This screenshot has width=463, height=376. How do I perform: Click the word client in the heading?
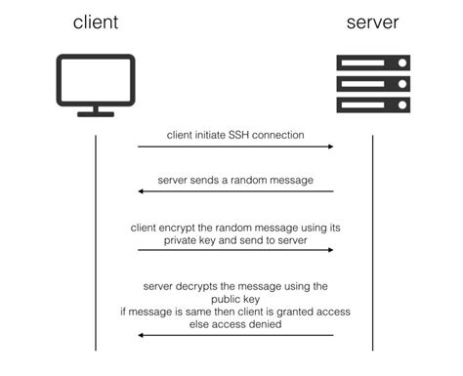pyautogui.click(x=95, y=22)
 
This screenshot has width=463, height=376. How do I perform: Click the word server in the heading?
pyautogui.click(x=373, y=22)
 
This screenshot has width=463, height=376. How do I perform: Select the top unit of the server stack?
pyautogui.click(x=373, y=63)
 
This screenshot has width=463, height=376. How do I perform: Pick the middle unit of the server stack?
pyautogui.click(x=373, y=83)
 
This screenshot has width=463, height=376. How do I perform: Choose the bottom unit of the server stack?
pyautogui.click(x=373, y=104)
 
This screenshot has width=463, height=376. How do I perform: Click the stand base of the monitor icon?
pyautogui.click(x=95, y=114)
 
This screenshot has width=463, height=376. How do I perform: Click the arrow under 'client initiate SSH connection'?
pyautogui.click(x=235, y=146)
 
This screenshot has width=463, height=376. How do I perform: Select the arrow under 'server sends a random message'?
pyautogui.click(x=235, y=191)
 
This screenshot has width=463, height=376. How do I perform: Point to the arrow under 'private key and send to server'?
pyautogui.click(x=235, y=250)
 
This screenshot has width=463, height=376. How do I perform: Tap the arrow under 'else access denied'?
pyautogui.click(x=235, y=335)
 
